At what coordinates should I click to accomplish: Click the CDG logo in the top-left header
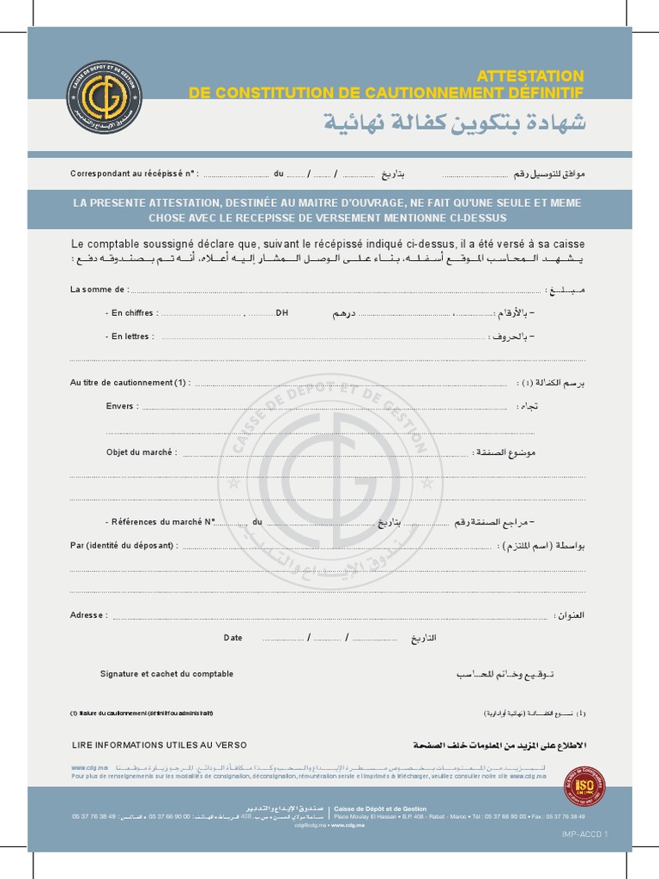104,97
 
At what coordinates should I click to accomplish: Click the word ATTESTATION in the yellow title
529,76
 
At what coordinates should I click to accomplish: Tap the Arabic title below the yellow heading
455,122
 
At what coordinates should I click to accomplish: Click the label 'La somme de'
100,290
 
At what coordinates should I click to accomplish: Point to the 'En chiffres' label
131,313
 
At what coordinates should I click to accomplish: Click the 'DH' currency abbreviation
281,313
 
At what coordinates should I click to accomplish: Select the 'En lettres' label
130,336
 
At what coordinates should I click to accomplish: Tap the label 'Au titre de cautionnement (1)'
130,383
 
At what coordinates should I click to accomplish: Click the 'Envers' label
121,406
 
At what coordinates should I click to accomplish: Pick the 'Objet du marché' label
142,452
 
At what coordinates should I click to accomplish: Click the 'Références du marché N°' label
159,522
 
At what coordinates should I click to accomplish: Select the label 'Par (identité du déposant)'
124,545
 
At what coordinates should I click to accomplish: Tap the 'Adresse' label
88,615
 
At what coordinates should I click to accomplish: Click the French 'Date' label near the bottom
233,638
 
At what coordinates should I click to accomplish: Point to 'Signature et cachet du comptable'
166,674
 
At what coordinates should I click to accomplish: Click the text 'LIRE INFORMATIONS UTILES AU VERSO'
159,745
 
